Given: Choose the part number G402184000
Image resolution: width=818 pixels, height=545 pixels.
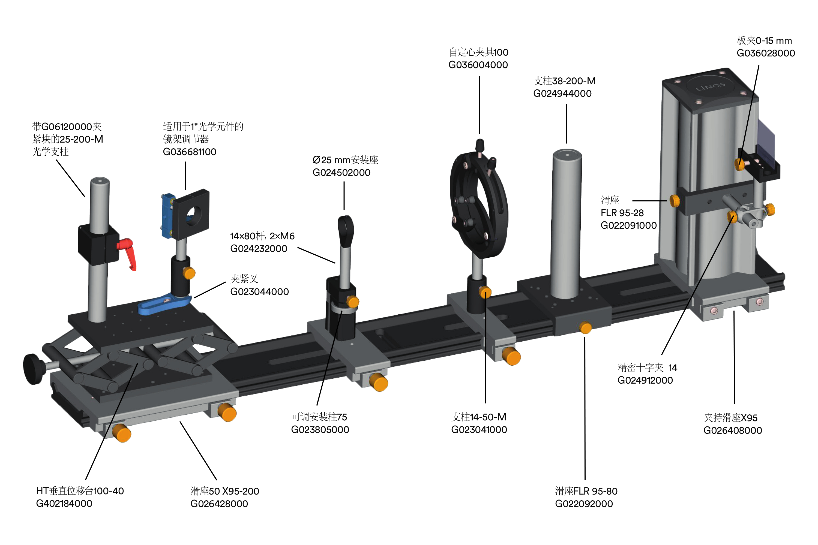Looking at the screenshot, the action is pos(64,503).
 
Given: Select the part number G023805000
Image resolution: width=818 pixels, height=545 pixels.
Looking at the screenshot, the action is pos(320,430).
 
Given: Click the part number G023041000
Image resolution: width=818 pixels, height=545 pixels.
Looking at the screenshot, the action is pos(479,430).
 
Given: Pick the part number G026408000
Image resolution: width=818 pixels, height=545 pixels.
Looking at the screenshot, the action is pos(732,430).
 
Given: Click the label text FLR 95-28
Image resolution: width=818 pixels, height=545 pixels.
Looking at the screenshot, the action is pos(622,213).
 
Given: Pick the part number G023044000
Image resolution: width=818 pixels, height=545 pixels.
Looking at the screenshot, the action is pos(259,292).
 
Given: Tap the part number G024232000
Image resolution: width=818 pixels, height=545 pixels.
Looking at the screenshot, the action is pos(259,249).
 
